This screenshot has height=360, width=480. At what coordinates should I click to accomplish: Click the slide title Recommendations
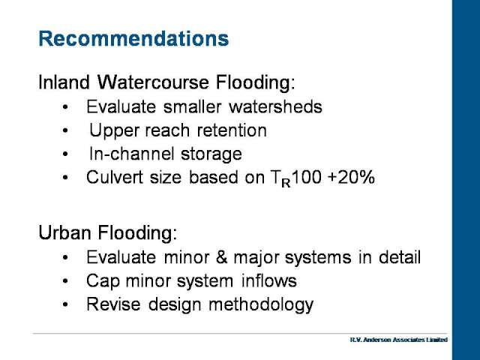point(133,38)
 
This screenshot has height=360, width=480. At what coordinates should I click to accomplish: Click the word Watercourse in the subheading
point(153,82)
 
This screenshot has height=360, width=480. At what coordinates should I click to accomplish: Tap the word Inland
point(64,82)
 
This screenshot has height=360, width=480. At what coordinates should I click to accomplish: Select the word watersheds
point(275,106)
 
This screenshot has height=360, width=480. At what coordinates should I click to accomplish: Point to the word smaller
point(192,106)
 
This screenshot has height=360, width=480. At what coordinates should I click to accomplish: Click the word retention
point(232,130)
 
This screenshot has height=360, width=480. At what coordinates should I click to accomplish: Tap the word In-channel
point(132,153)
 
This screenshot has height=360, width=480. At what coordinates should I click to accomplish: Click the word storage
point(211,154)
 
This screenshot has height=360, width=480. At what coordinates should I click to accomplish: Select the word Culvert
point(115,177)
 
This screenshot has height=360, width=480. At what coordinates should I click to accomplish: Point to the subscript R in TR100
point(286,183)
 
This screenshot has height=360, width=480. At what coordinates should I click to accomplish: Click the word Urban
point(64,232)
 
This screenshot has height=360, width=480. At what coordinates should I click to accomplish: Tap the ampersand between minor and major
point(222,257)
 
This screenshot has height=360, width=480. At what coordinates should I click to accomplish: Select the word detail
point(400,257)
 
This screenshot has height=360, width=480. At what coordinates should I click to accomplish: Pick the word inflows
point(269,280)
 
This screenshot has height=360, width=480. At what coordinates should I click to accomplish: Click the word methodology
point(261,305)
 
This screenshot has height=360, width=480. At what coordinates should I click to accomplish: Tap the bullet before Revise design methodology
point(65,304)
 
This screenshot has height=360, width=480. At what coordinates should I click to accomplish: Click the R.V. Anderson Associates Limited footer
point(398,340)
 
